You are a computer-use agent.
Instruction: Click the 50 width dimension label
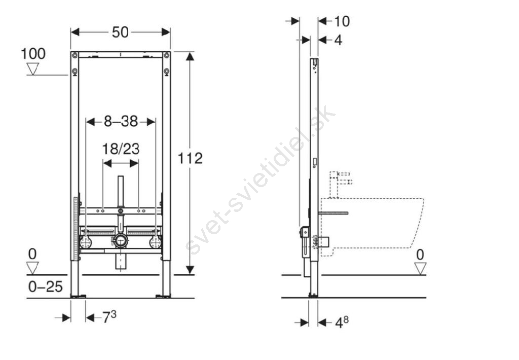pyautogui.click(x=120, y=32)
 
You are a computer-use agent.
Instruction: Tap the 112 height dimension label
pyautogui.click(x=191, y=158)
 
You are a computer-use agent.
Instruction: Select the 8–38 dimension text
pyautogui.click(x=121, y=122)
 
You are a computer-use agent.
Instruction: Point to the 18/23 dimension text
pyautogui.click(x=121, y=149)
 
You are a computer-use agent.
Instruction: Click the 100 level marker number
pyautogui.click(x=33, y=54)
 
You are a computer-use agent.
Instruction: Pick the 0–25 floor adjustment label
pyautogui.click(x=45, y=286)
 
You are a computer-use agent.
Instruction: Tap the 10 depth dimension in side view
pyautogui.click(x=342, y=21)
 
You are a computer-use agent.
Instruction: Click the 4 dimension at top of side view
pyautogui.click(x=338, y=40)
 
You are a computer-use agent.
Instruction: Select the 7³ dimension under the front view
pyautogui.click(x=109, y=317)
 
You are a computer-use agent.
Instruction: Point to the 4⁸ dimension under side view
pyautogui.click(x=342, y=322)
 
